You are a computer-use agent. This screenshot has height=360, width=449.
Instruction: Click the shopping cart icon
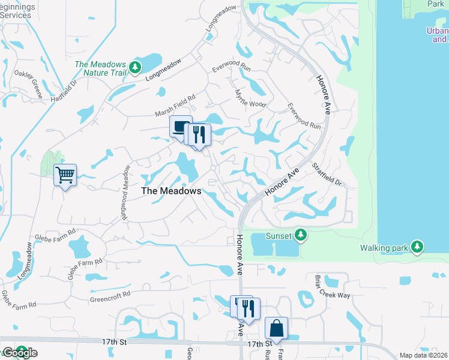click(x=65, y=175)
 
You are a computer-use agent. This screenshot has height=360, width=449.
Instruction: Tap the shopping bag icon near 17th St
click(x=276, y=328)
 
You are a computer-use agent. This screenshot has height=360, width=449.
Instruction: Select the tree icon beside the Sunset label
click(x=303, y=236)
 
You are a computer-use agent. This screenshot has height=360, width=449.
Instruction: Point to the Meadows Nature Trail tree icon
click(x=136, y=66)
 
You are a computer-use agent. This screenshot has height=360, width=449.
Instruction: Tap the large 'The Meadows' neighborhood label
click(x=171, y=191)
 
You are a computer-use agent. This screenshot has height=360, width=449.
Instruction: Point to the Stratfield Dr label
click(x=326, y=174)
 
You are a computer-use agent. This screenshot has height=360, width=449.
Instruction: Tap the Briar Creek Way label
click(x=332, y=286)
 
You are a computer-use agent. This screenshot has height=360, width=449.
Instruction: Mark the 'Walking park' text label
click(x=384, y=247)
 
